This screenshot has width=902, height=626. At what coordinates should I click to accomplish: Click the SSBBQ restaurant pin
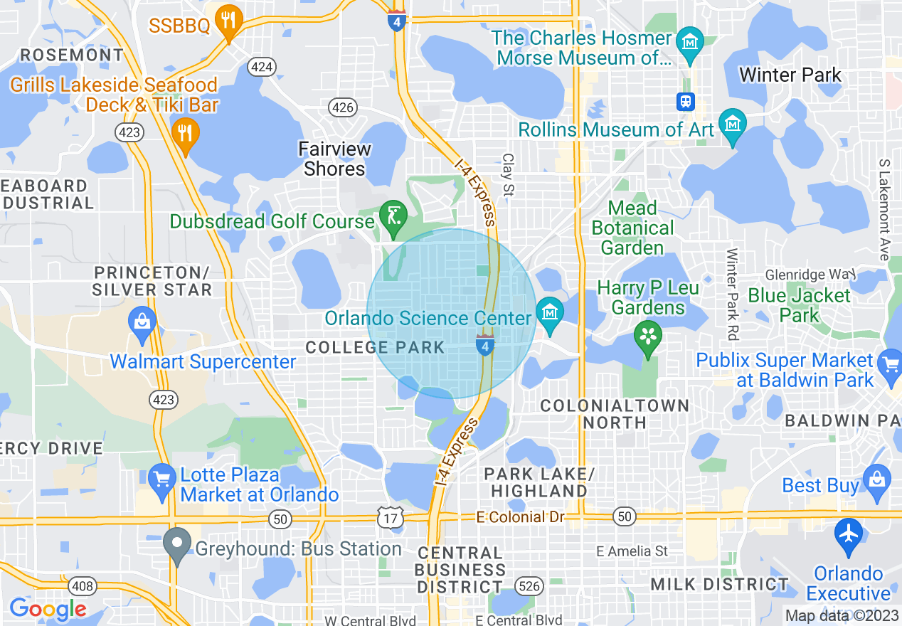(x=228, y=21)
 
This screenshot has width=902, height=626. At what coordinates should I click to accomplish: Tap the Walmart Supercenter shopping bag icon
(x=142, y=320)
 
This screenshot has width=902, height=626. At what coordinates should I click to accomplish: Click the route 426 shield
(x=343, y=107)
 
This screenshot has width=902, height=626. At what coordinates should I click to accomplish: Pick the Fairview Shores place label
(x=334, y=159)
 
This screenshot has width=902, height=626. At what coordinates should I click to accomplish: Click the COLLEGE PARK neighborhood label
(x=375, y=348)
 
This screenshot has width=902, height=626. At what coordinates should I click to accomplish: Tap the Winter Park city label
(x=790, y=75)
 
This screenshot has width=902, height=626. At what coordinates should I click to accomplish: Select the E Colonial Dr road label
(x=523, y=517)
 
